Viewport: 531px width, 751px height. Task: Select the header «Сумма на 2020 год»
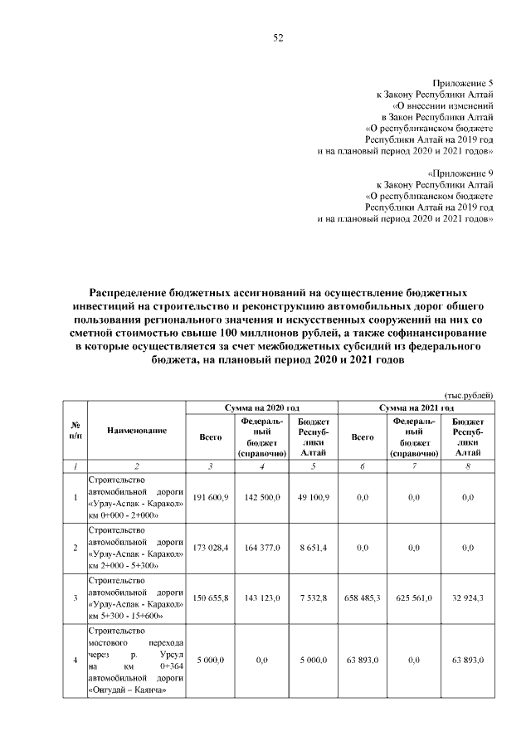tap(262, 408)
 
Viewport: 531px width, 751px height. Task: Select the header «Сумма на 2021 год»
tap(417, 408)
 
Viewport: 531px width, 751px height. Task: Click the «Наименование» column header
tap(137, 431)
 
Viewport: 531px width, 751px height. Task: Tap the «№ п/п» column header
tap(76, 431)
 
